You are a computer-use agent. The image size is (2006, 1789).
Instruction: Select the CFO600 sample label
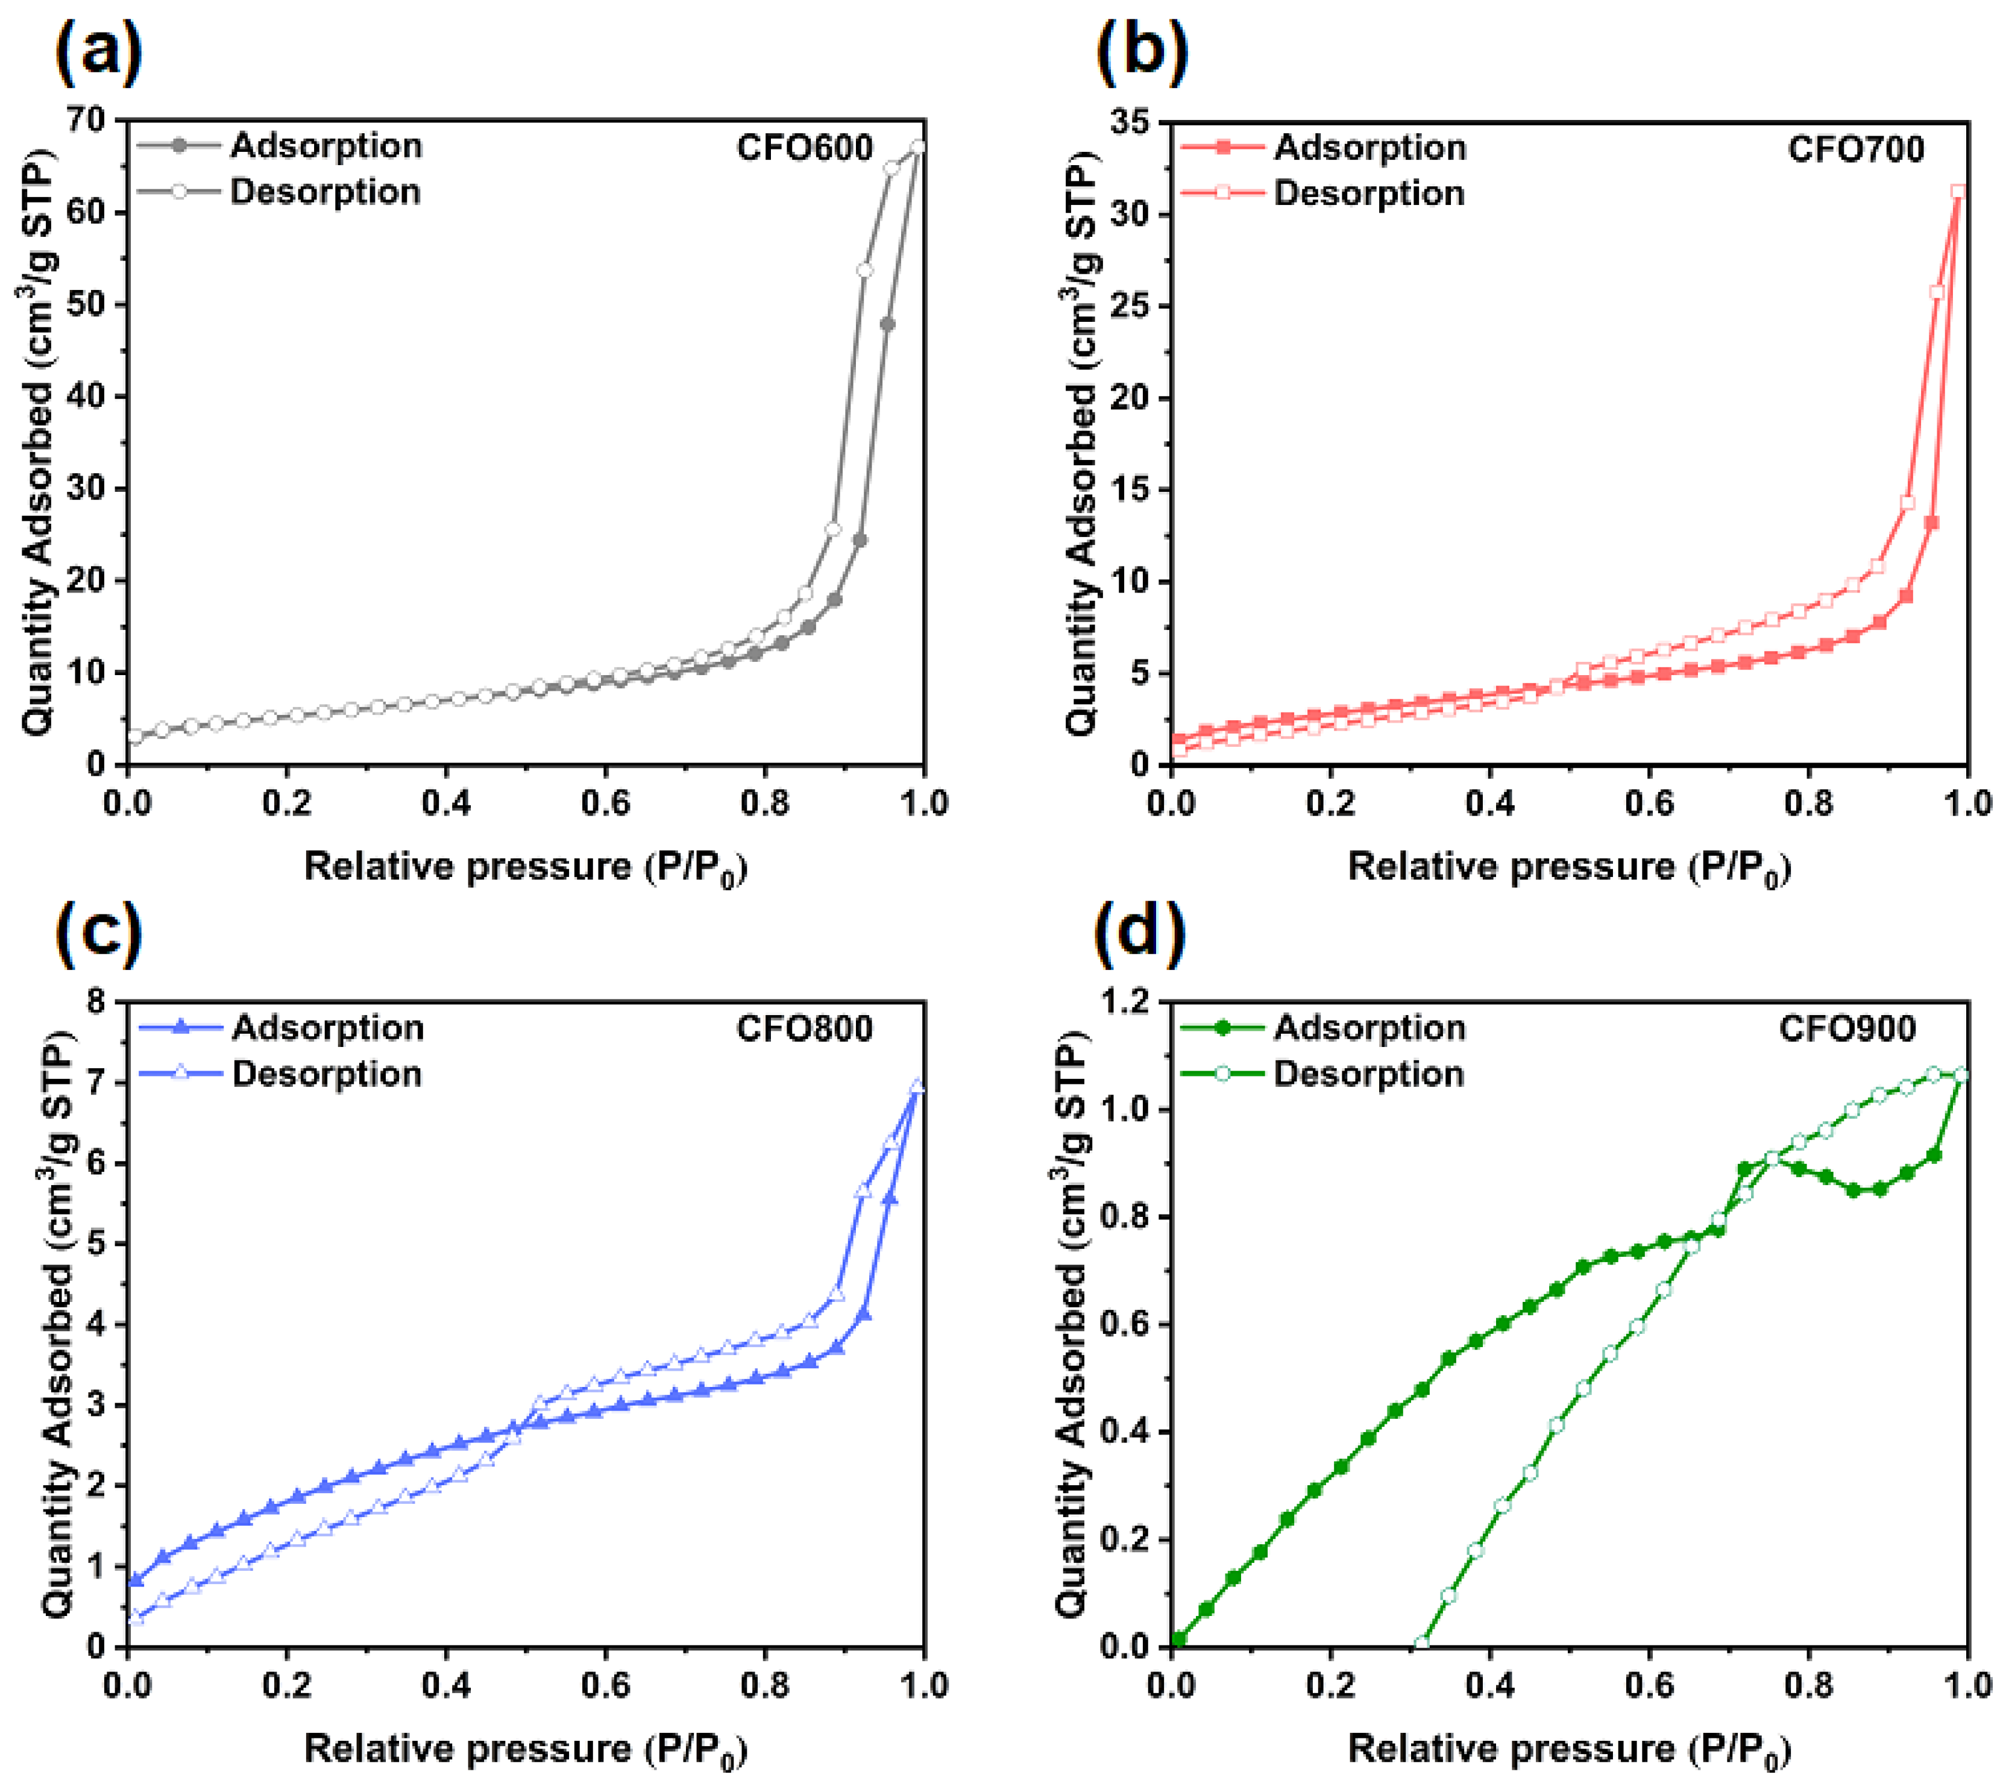pos(804,148)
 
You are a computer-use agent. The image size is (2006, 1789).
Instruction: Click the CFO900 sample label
pos(1847,1028)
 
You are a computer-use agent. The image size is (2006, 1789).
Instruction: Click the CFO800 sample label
pos(804,1028)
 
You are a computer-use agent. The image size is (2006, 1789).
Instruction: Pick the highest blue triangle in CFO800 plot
pos(918,1085)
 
